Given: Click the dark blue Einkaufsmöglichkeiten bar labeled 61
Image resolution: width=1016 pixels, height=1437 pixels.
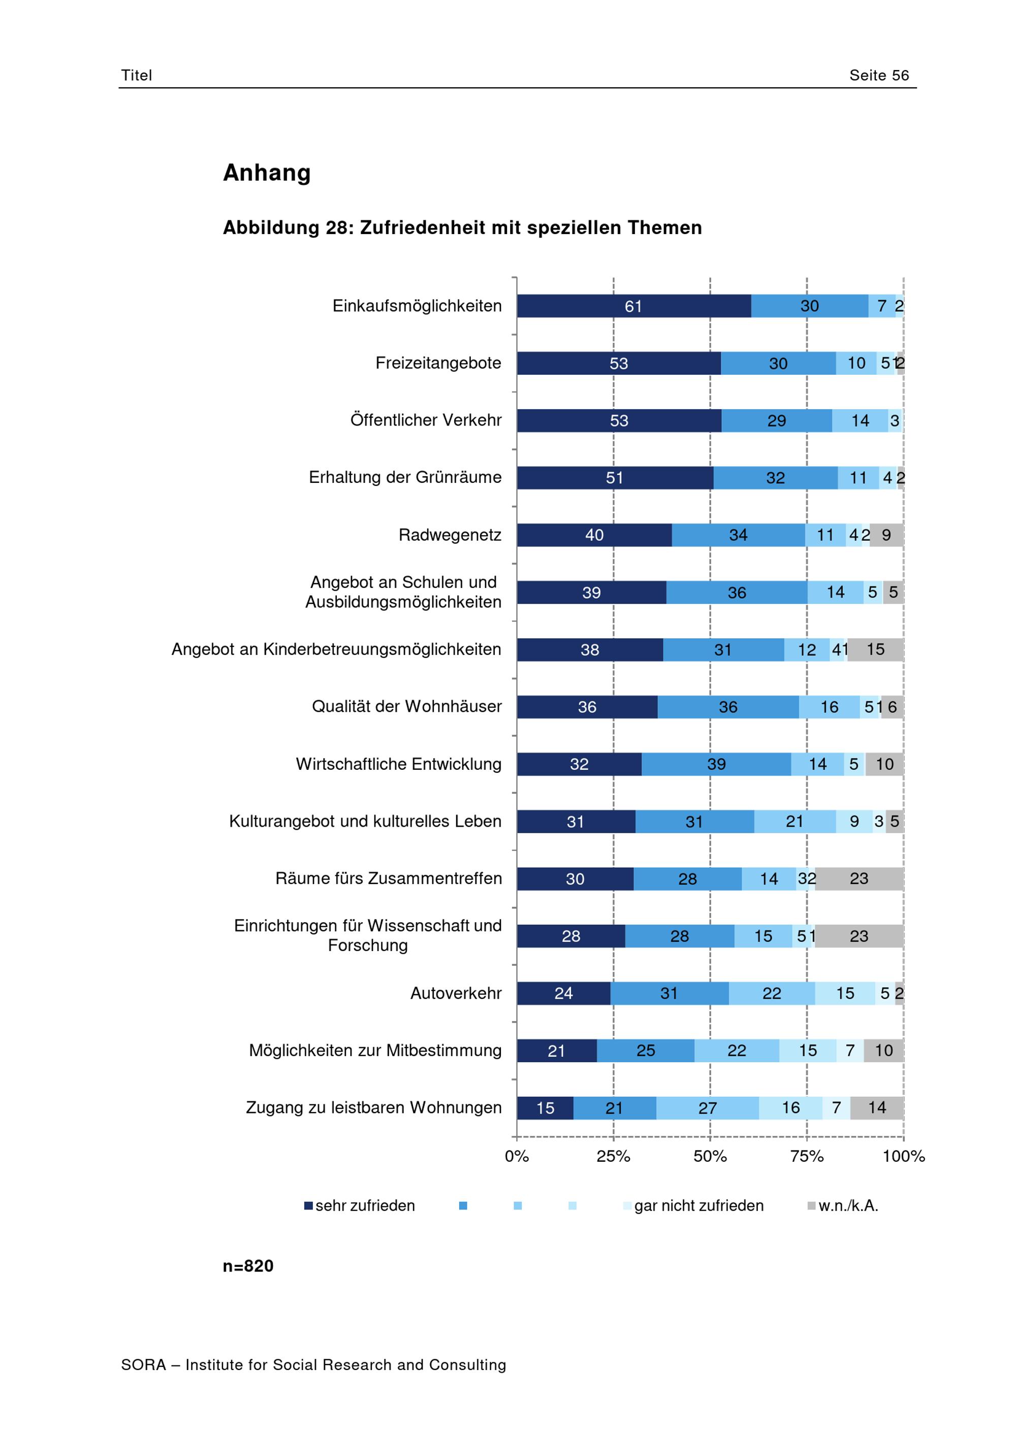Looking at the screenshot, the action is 633,306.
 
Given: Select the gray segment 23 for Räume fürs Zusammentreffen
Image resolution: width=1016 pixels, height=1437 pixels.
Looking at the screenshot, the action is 859,879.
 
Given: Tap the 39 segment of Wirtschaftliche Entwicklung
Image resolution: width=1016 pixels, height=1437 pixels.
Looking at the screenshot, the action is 716,764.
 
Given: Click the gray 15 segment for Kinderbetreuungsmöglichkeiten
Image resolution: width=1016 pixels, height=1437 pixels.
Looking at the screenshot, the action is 875,649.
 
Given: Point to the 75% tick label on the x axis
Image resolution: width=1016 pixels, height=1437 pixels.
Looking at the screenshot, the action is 807,1157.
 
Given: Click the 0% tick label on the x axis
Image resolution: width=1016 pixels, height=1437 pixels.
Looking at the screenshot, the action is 517,1157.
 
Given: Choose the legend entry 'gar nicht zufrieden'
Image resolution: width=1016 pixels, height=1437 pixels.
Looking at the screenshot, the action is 693,1206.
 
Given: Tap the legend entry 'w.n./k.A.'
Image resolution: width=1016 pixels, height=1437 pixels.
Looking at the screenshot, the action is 843,1206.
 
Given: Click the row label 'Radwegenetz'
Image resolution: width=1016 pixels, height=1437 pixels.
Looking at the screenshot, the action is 450,535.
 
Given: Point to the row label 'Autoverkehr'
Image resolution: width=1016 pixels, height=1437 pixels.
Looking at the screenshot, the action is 456,993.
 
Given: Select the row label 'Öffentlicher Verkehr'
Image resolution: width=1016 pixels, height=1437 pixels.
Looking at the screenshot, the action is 426,420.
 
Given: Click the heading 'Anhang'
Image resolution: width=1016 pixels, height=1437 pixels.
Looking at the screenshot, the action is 267,173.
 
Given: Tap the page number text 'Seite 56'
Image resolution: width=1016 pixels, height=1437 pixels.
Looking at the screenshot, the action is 879,75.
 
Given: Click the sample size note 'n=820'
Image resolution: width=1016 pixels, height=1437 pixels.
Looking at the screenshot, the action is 248,1266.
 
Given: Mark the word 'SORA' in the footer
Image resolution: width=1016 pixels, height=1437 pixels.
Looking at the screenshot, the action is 143,1365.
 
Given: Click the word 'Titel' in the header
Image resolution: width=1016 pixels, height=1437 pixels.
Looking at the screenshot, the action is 137,75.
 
